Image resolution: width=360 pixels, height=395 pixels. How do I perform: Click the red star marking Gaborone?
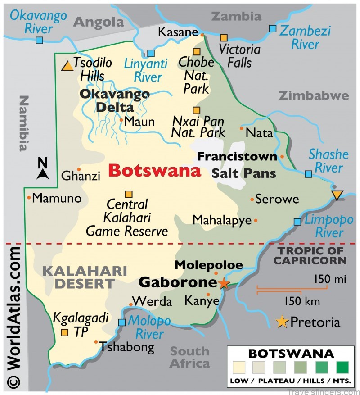coord(224,283)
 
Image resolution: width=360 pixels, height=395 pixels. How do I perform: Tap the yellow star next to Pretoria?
coord(282,322)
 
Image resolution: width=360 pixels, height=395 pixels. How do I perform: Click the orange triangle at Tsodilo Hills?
coord(67,66)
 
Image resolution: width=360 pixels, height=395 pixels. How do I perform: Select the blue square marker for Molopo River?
coord(122,322)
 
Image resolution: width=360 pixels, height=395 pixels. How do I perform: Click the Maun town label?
coord(139,122)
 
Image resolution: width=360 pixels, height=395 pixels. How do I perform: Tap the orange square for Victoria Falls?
coord(224,37)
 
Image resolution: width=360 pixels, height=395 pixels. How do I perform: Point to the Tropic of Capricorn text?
coord(310,255)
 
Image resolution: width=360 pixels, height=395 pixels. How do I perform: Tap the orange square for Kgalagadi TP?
coord(65,333)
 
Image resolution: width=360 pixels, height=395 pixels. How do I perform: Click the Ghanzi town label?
coord(81,176)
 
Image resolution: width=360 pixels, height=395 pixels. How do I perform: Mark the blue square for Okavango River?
coord(40,41)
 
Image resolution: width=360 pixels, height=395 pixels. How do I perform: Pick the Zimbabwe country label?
coord(314,95)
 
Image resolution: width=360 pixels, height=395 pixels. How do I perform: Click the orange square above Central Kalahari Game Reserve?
coord(129,195)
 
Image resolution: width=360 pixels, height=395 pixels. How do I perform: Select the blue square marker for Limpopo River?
coord(297,222)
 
